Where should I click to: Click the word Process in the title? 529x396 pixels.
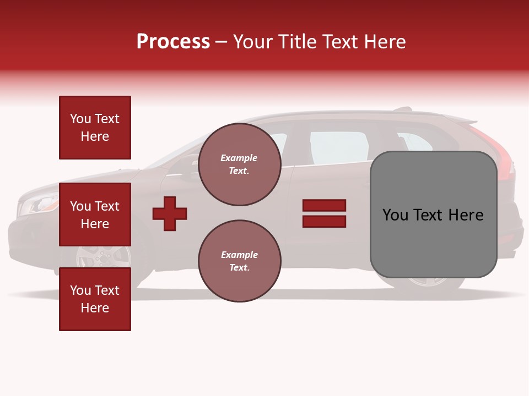pyautogui.click(x=173, y=41)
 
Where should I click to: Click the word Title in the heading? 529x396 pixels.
pyautogui.click(x=299, y=41)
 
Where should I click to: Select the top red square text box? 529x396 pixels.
pyautogui.click(x=95, y=127)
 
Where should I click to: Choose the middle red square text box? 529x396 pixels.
pyautogui.click(x=95, y=215)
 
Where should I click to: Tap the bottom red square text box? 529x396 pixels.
pyautogui.click(x=95, y=299)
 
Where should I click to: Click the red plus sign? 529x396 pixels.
pyautogui.click(x=170, y=213)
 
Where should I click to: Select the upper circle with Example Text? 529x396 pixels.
pyautogui.click(x=240, y=164)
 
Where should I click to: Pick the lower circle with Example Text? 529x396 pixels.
pyautogui.click(x=240, y=261)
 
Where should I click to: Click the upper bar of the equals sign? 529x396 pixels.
pyautogui.click(x=324, y=205)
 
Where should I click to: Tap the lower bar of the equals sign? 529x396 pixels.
pyautogui.click(x=324, y=222)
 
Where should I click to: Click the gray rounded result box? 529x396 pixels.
pyautogui.click(x=434, y=215)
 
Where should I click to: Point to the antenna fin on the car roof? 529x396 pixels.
pyautogui.click(x=403, y=109)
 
